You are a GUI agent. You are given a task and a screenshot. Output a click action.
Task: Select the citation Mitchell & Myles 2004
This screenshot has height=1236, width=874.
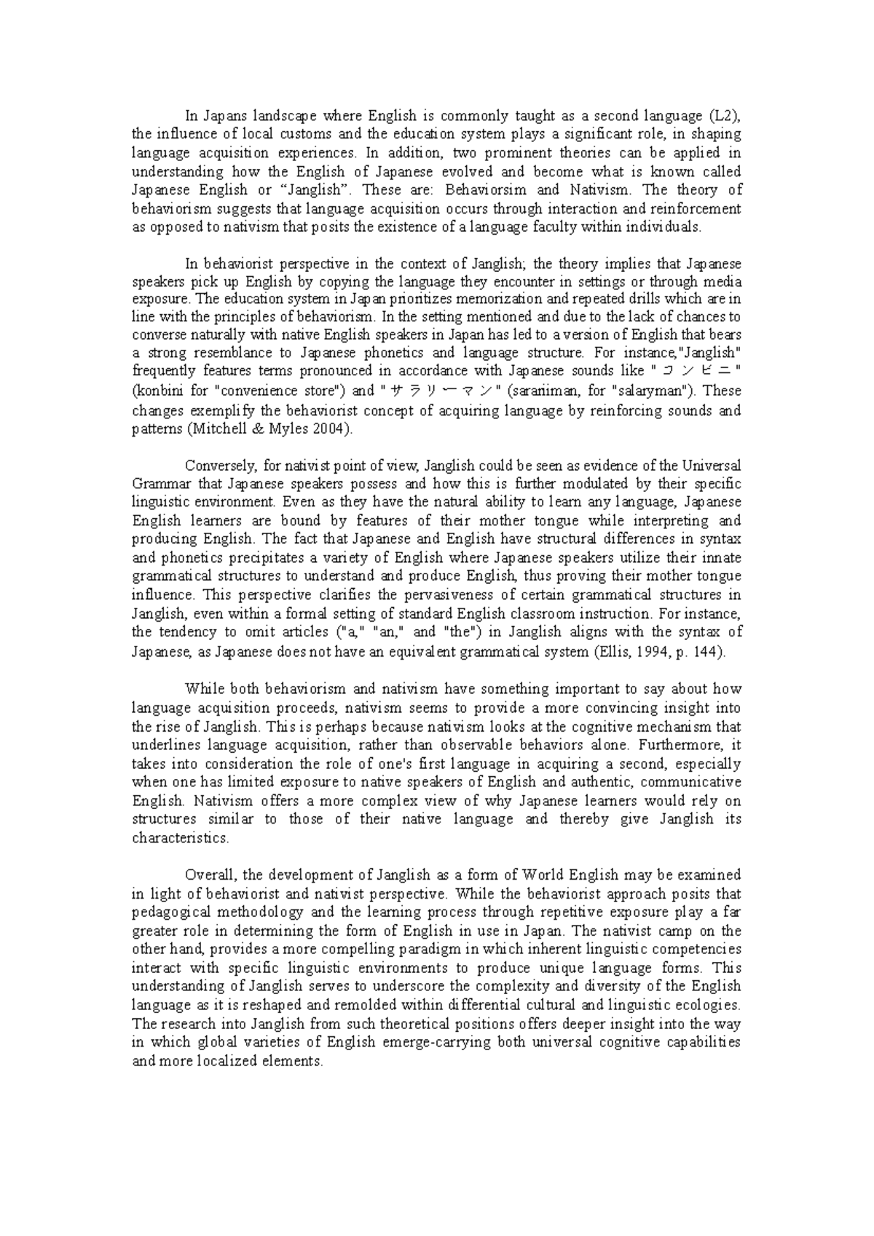pyautogui.click(x=269, y=429)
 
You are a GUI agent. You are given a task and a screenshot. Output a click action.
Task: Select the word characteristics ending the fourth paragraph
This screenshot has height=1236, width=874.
pyautogui.click(x=180, y=838)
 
